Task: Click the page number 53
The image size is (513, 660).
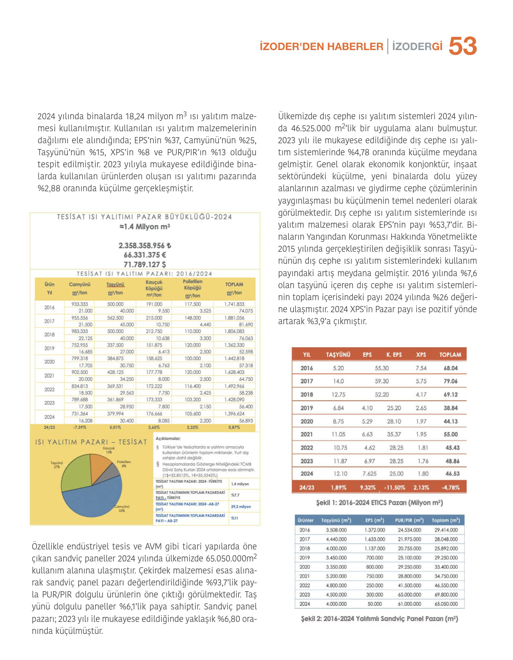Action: click(463, 46)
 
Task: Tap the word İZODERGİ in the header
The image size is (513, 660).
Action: click(417, 46)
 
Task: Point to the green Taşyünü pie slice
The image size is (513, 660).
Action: click(74, 472)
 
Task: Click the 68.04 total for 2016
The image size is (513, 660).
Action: click(451, 368)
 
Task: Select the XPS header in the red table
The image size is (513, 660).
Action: click(421, 355)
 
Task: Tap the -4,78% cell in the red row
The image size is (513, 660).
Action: click(451, 487)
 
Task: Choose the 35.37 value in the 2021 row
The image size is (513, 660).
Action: click(394, 434)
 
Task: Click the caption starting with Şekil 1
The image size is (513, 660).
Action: click(379, 503)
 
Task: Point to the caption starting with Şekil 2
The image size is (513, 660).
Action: click(379, 619)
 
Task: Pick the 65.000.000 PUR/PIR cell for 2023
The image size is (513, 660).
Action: click(410, 595)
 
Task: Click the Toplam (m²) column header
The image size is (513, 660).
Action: click(446, 520)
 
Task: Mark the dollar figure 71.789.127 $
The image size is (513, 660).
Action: click(145, 265)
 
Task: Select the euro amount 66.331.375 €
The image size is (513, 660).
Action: click(145, 255)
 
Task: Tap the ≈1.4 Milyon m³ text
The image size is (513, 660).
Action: click(145, 227)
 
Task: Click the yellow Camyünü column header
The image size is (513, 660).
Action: click(79, 285)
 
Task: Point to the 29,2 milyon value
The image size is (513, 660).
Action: click(241, 507)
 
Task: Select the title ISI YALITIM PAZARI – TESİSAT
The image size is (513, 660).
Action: click(91, 442)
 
